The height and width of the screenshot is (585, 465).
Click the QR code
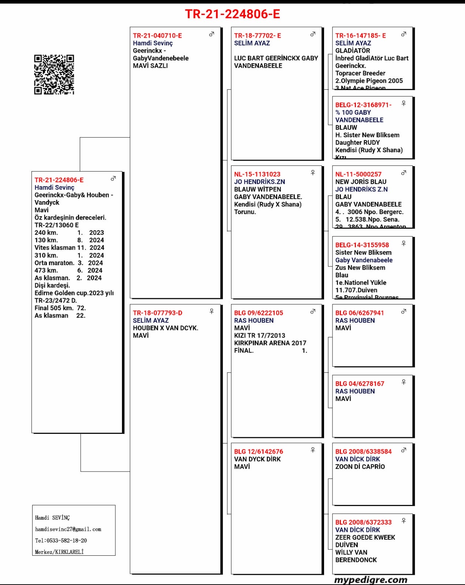pos(54,75)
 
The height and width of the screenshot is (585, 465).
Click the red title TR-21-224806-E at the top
pos(232,14)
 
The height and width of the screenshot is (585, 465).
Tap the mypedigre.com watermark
pos(371,580)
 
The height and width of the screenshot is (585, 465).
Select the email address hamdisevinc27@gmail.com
pos(68,529)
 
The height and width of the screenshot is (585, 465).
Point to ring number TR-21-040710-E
pos(157,35)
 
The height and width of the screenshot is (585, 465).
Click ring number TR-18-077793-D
pos(157,313)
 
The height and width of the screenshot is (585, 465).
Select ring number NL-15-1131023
pos(257,174)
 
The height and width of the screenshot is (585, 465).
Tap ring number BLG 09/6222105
pos(258,313)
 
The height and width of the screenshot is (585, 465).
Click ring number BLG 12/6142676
pos(258,451)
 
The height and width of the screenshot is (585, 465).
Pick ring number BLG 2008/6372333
pos(364,522)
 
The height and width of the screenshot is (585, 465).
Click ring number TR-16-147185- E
pos(361,35)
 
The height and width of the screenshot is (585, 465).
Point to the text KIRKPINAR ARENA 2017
pos(270,343)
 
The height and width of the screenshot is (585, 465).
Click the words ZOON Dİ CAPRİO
pos(360,466)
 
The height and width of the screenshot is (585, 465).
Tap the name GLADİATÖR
pos(353,50)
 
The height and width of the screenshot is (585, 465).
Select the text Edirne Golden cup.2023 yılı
pos(74,293)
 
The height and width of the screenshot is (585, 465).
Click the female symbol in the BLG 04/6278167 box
pos(403,382)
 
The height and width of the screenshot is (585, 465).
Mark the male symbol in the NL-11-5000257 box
pos(403,173)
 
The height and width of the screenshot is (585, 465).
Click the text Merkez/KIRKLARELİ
pos(59,552)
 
